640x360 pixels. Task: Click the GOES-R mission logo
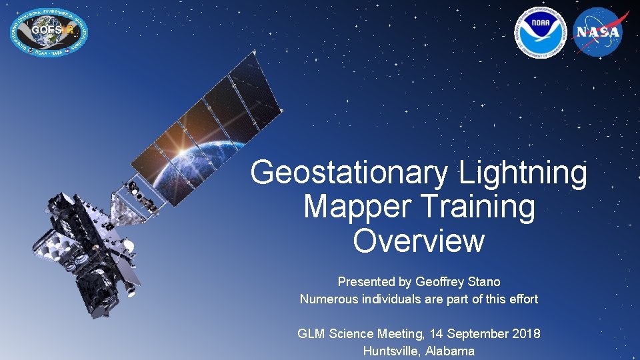click(49, 32)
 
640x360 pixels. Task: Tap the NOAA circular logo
click(540, 32)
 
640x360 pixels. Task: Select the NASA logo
click(598, 32)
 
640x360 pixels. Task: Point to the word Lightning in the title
click(523, 173)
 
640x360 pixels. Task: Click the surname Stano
click(483, 281)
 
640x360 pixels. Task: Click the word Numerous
click(329, 299)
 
